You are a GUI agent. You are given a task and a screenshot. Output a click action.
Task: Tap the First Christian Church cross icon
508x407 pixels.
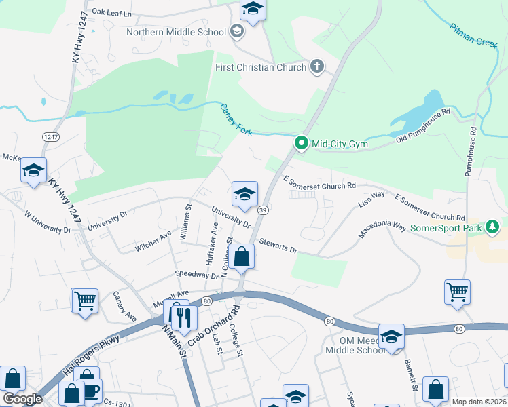coord(316,66)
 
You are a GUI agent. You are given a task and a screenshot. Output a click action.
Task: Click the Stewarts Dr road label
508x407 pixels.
coord(278,246)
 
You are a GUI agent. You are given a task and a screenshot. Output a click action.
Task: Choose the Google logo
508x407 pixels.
coord(22,398)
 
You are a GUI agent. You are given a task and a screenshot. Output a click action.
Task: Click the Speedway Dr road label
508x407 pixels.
coord(196,274)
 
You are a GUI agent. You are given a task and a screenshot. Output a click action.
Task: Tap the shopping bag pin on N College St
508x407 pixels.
coord(241,256)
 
